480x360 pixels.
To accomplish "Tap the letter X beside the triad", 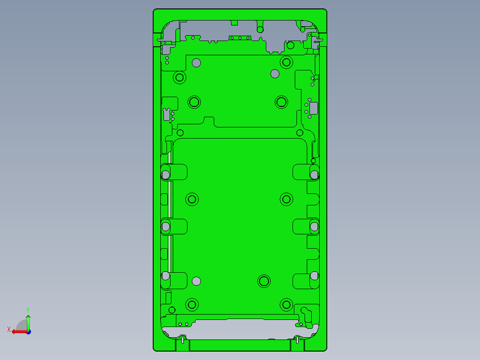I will (x=8, y=329).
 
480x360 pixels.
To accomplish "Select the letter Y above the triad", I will (x=28, y=309).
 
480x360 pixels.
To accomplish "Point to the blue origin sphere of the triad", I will (x=28, y=331).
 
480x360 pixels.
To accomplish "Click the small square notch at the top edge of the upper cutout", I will (x=235, y=22).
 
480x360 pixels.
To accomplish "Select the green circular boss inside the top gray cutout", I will (x=260, y=29).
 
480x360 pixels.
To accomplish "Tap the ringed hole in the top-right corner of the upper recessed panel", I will (x=286, y=62).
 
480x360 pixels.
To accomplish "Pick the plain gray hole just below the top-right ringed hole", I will (x=275, y=74).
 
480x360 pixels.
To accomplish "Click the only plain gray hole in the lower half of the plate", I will (x=196, y=281).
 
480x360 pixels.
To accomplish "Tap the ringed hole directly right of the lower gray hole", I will (x=264, y=281).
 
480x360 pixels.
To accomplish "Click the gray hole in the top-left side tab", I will (x=166, y=174).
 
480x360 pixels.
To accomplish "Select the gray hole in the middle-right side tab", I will (x=314, y=227).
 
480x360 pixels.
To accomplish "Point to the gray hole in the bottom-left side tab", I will (x=166, y=276).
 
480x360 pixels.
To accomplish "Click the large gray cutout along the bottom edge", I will (x=240, y=329).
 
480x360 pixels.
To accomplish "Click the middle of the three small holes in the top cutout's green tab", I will (x=240, y=38).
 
